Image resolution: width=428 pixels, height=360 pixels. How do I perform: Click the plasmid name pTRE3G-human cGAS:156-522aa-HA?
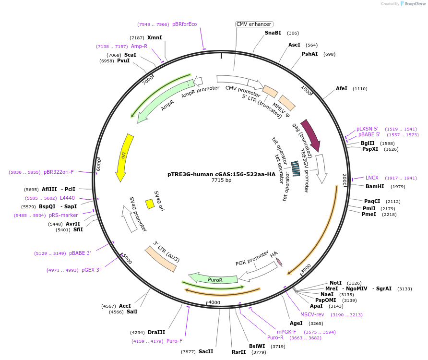click(x=221, y=175)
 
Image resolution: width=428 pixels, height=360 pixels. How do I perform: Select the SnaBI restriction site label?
click(x=273, y=33)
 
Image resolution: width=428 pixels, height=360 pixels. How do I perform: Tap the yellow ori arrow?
click(x=124, y=157)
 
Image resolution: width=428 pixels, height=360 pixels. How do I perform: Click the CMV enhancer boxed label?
click(x=254, y=24)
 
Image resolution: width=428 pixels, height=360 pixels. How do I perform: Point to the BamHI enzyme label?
click(x=375, y=186)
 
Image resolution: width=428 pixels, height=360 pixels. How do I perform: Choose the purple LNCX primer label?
click(x=372, y=178)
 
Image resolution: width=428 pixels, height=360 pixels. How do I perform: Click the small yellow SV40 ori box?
click(x=150, y=204)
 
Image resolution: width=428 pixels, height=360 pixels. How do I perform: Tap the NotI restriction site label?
click(x=335, y=283)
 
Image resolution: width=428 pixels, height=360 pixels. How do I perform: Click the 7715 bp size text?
click(x=221, y=180)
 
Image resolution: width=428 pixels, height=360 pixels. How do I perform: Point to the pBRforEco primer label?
click(x=184, y=24)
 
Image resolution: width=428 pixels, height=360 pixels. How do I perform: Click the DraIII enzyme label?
click(x=156, y=332)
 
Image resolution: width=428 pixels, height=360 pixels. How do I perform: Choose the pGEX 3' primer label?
click(x=91, y=270)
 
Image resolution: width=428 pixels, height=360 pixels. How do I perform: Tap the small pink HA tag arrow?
click(x=278, y=262)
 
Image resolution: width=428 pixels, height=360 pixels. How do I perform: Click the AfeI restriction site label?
click(x=342, y=89)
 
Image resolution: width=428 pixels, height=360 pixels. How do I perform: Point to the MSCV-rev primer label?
click(x=312, y=314)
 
